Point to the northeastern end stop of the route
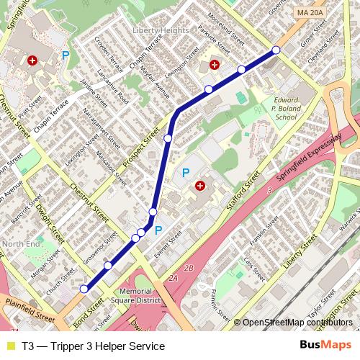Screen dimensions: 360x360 (276, 50)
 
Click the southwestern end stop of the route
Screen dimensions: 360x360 (84, 289)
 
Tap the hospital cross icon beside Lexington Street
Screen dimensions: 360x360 (215, 65)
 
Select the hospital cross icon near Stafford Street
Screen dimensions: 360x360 (199, 186)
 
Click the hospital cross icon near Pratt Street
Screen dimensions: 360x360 (32, 62)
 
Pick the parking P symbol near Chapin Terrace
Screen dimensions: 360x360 (66, 55)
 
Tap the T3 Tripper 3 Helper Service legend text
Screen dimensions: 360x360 (93, 346)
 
